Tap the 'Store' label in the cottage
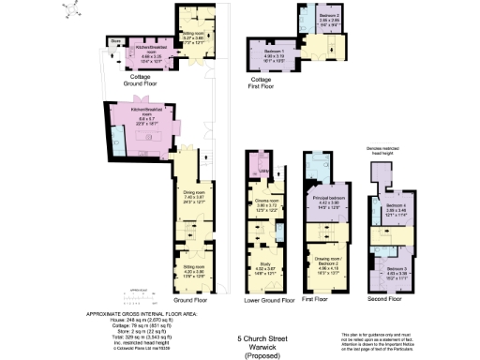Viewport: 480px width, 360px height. pyautogui.click(x=113, y=41)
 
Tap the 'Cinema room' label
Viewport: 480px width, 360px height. pyautogui.click(x=265, y=200)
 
